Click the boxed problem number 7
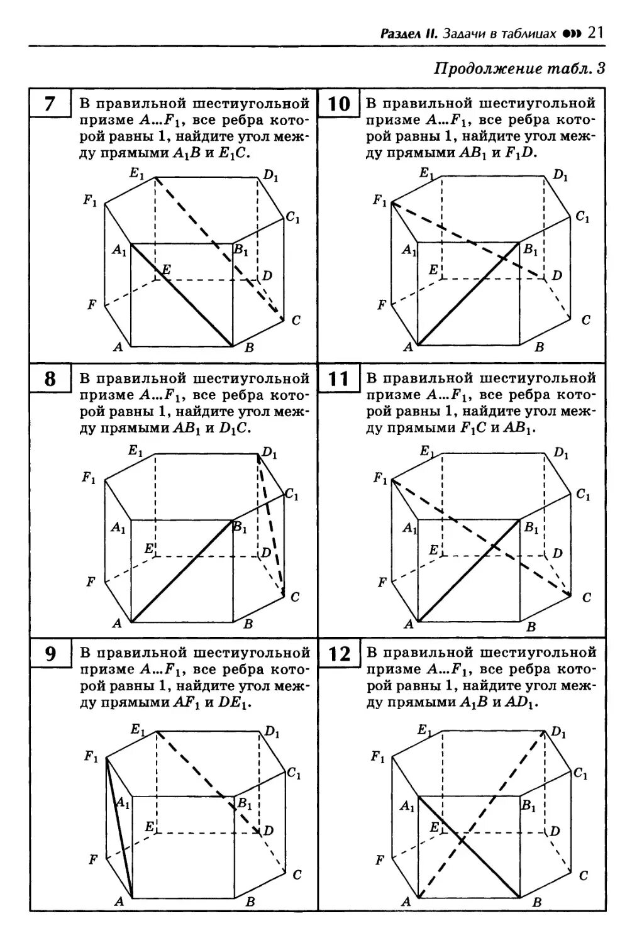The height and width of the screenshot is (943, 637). (50, 104)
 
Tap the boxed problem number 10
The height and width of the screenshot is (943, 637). (338, 104)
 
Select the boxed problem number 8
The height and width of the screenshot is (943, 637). (50, 379)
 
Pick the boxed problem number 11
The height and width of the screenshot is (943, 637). (338, 379)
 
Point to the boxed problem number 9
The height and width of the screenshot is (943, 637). (50, 655)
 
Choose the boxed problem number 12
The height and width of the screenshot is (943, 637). (339, 655)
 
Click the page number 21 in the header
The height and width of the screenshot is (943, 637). (595, 33)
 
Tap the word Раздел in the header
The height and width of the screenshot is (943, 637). (401, 33)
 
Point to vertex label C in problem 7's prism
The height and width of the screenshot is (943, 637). (296, 321)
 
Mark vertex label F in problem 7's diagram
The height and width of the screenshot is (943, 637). (92, 306)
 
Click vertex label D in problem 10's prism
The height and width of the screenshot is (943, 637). (557, 275)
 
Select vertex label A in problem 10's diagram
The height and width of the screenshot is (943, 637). (407, 346)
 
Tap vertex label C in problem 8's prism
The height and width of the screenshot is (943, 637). (296, 597)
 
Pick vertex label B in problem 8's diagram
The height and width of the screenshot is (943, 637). (248, 624)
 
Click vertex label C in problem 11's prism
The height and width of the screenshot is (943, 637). (586, 597)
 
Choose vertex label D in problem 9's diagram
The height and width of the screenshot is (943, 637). (269, 830)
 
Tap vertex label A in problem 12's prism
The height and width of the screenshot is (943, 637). (406, 902)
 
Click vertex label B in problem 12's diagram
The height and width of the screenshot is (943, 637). (537, 902)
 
